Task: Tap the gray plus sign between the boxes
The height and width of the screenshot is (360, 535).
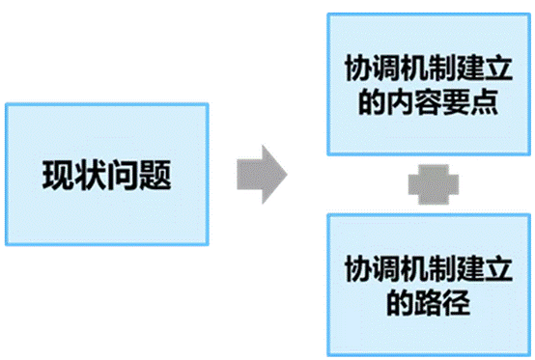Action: pyautogui.click(x=434, y=184)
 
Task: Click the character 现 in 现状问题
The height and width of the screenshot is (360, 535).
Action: pyautogui.click(x=58, y=175)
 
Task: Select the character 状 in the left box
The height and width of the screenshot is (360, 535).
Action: pyautogui.click(x=90, y=175)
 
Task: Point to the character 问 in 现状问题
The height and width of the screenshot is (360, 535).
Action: pyautogui.click(x=122, y=176)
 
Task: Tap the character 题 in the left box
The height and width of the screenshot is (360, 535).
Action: pyautogui.click(x=155, y=176)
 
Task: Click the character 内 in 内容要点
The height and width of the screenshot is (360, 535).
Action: pyautogui.click(x=400, y=101)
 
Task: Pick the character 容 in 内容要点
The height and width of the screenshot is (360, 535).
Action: pyautogui.click(x=429, y=101)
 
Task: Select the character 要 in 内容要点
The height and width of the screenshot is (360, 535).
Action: pyautogui.click(x=457, y=101)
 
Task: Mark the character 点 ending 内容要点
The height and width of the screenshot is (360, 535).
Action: pyautogui.click(x=485, y=101)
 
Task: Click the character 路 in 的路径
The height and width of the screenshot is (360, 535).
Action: pyautogui.click(x=428, y=302)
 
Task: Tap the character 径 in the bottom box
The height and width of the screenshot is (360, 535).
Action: pyautogui.click(x=457, y=302)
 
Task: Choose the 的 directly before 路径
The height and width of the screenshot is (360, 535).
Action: pyautogui.click(x=400, y=302)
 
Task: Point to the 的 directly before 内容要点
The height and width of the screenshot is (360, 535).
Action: pyautogui.click(x=372, y=101)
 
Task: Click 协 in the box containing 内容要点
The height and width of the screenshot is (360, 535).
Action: pyautogui.click(x=358, y=68)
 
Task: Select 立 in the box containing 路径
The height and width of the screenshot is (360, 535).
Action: pyautogui.click(x=498, y=268)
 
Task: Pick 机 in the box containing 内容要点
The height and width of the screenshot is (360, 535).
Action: pyautogui.click(x=414, y=68)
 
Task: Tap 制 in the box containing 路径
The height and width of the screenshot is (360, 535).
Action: pyautogui.click(x=442, y=268)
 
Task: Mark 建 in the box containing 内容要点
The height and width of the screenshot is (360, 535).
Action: pyautogui.click(x=470, y=68)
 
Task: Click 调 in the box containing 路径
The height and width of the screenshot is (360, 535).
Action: pyautogui.click(x=386, y=268)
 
